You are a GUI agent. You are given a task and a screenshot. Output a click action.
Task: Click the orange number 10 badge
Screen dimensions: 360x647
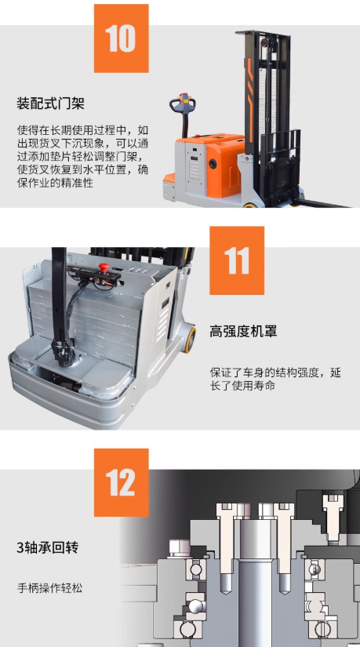pos(122,38)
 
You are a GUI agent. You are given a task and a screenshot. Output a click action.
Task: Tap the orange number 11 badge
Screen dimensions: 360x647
pos(237,260)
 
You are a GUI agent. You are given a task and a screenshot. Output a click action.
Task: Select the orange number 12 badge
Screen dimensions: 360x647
pos(122,482)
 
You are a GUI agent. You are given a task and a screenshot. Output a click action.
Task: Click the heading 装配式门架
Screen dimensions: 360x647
pos(50,104)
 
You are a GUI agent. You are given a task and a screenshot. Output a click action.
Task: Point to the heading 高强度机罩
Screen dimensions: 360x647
pos(243,331)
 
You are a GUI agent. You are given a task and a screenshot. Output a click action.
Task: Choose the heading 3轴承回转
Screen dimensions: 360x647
pos(48,547)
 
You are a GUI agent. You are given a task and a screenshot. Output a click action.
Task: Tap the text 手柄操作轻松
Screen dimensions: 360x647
pos(49,587)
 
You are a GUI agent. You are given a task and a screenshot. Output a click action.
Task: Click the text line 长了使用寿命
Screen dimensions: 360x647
pos(242,386)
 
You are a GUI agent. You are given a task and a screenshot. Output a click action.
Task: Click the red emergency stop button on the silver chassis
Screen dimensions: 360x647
pos(104,267)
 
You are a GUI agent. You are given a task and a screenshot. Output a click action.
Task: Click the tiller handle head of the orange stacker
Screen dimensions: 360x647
pos(183,104)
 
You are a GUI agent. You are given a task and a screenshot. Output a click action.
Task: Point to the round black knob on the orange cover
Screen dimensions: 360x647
pos(213,164)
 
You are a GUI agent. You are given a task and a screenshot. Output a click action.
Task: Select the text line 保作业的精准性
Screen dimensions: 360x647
pos(56,183)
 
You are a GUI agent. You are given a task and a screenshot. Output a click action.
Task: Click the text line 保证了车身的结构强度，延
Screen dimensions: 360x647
pos(275,373)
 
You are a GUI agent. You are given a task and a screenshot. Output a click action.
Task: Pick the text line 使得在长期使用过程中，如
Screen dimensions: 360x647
pos(82,130)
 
